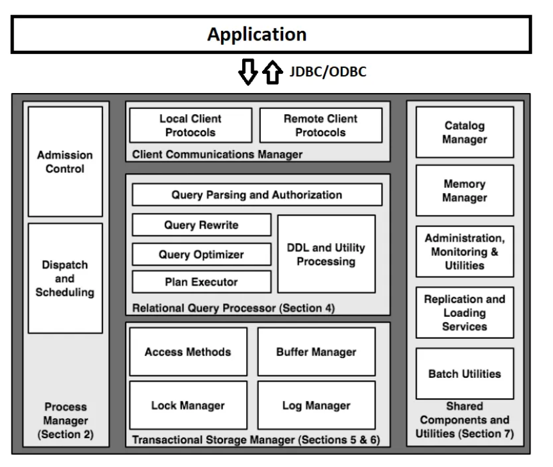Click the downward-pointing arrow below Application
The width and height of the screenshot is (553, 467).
pos(248,72)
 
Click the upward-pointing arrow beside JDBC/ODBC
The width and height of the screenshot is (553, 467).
pos(272,72)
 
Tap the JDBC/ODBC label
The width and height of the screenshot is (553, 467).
pos(327,72)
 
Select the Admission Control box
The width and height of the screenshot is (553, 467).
pos(65,162)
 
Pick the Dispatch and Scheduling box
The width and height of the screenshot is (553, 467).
pos(65,278)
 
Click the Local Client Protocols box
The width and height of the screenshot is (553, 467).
pos(190,125)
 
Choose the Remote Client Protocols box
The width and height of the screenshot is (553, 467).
pos(320,125)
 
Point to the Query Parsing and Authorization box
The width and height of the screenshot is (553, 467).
pos(257,194)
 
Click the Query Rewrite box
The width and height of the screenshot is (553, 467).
pos(201,225)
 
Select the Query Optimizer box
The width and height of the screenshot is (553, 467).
pos(201,254)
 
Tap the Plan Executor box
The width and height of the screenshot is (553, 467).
pos(201,282)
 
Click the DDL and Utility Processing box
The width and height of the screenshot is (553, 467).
pos(326,254)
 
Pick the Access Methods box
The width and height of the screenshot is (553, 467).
pos(188,352)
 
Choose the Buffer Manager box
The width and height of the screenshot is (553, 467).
pos(317,352)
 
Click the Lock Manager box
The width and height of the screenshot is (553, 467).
pos(188,405)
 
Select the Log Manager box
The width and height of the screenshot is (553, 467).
pos(317,405)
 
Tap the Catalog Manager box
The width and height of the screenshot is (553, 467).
pos(465,132)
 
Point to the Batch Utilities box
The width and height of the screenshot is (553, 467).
pos(465,373)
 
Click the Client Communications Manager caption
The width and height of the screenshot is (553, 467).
pos(217,155)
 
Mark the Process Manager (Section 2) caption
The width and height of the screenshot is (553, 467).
pos(65,420)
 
